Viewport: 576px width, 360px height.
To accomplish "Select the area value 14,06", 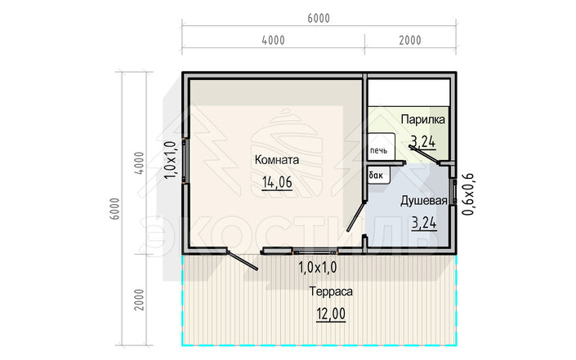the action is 277,182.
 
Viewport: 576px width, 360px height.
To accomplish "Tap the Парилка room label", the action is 423,120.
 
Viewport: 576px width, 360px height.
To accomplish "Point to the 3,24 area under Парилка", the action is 423,141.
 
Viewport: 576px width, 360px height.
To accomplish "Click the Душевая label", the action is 423,201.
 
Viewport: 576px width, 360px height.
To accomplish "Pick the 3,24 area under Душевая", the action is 424,223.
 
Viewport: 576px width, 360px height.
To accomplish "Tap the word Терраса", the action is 331,291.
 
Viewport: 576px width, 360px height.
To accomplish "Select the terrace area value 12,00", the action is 331,314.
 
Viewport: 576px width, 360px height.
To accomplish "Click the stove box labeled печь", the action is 382,147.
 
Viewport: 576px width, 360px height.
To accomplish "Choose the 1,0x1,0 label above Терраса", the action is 317,268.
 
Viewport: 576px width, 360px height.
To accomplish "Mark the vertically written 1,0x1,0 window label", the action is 170,160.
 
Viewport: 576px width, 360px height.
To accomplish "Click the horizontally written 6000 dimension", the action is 319,18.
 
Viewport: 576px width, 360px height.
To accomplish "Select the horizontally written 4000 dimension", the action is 274,40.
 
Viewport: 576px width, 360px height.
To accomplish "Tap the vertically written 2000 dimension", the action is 139,300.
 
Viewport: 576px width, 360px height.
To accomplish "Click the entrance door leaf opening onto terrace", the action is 243,260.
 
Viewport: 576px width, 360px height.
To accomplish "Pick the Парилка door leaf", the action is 423,154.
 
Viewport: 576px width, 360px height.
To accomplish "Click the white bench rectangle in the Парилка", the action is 409,92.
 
